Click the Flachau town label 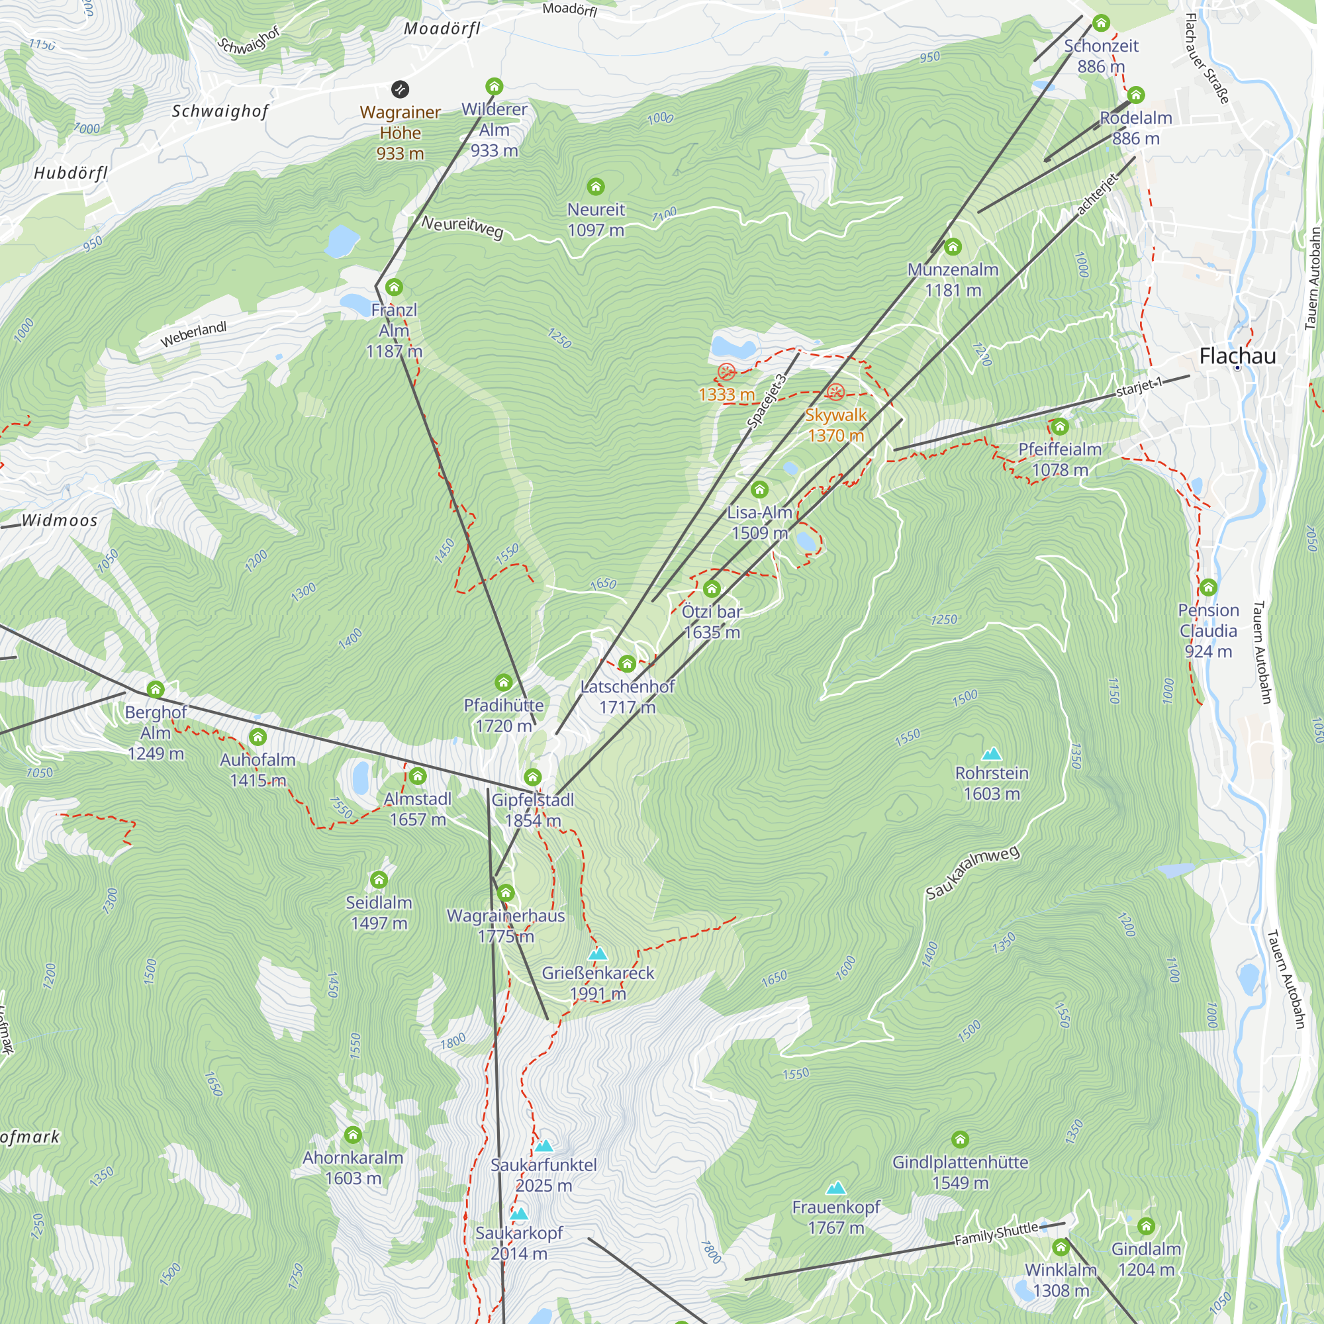click(1238, 355)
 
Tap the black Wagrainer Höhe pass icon click(401, 89)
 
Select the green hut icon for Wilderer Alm click(494, 86)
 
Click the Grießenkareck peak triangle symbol click(598, 953)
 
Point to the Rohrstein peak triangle click(992, 754)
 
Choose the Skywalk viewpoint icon click(835, 392)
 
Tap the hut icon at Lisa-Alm click(759, 489)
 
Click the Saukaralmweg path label click(972, 873)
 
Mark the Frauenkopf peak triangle click(835, 1188)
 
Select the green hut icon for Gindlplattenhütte click(960, 1140)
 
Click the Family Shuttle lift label click(996, 1233)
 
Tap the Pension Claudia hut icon click(1208, 587)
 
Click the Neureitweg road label click(463, 226)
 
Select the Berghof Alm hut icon click(156, 689)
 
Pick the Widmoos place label click(60, 520)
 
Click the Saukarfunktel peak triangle click(544, 1145)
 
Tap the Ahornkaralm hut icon click(353, 1135)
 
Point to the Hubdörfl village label click(71, 173)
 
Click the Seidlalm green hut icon click(379, 879)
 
